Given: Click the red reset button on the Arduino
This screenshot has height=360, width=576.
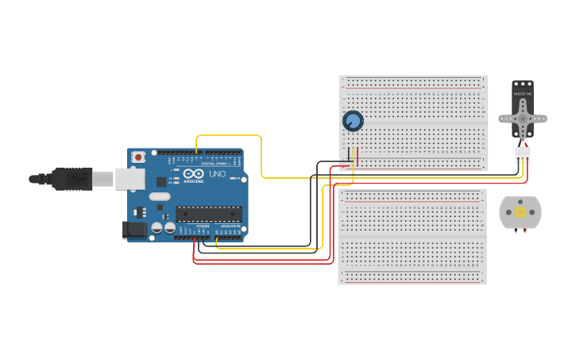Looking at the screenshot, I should point(138,157).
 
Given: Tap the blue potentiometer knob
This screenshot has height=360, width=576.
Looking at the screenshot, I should point(353,121).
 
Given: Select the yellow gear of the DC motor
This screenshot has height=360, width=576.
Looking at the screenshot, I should point(520,212).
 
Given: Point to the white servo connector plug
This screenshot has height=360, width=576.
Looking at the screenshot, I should point(522,154).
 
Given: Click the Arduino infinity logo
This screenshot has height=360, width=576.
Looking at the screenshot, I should point(193,174).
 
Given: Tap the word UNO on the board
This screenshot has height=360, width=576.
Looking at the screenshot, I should point(217,174).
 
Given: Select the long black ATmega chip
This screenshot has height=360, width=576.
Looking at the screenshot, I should point(209,214).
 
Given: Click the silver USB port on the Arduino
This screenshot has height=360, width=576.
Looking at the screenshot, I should point(130,179).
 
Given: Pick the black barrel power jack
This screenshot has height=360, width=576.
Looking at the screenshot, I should point(134,230).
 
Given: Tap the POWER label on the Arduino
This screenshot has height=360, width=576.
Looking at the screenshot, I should point(203,226).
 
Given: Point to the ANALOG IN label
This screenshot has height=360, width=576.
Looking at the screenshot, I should point(230,226).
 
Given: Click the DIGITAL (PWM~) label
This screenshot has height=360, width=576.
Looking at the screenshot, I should point(217,163).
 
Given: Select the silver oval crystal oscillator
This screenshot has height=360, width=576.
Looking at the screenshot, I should point(160,196).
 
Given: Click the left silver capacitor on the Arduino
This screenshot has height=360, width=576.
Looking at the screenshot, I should point(157,228).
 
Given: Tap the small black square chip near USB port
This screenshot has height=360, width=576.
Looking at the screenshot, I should point(161,181).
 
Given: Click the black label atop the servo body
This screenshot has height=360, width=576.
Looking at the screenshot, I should point(522,94).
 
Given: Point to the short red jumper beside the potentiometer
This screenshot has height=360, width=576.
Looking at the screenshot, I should point(358,157).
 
